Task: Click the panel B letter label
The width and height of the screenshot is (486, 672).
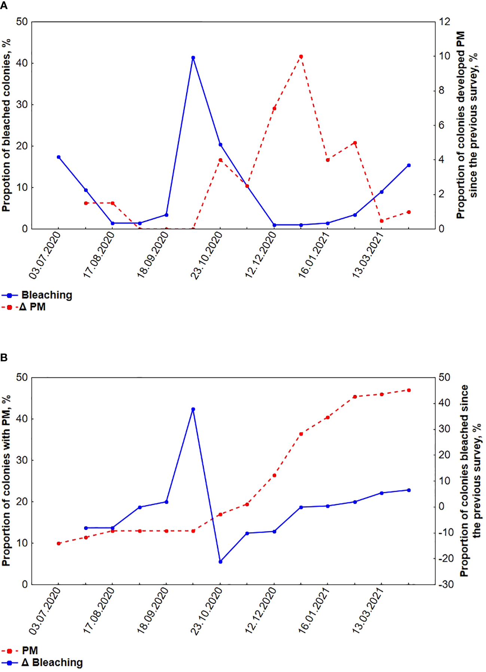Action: [x=4, y=357]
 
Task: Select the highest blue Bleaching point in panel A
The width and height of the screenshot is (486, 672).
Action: [x=193, y=58]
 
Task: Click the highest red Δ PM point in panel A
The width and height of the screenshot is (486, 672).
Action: [x=301, y=57]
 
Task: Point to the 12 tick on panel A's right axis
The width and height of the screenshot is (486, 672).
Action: [x=444, y=22]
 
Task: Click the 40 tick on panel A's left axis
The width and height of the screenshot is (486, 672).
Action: [x=22, y=63]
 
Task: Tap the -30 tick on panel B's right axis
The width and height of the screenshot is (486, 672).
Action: [x=446, y=584]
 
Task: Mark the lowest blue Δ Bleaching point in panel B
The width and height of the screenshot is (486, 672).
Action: [x=220, y=561]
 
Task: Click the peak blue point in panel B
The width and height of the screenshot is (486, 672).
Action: [x=193, y=409]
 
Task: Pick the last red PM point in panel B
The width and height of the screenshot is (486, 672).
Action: [x=409, y=390]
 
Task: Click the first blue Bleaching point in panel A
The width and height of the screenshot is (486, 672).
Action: [x=59, y=157]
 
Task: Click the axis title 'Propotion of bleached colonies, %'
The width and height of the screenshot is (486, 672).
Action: [x=6, y=125]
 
